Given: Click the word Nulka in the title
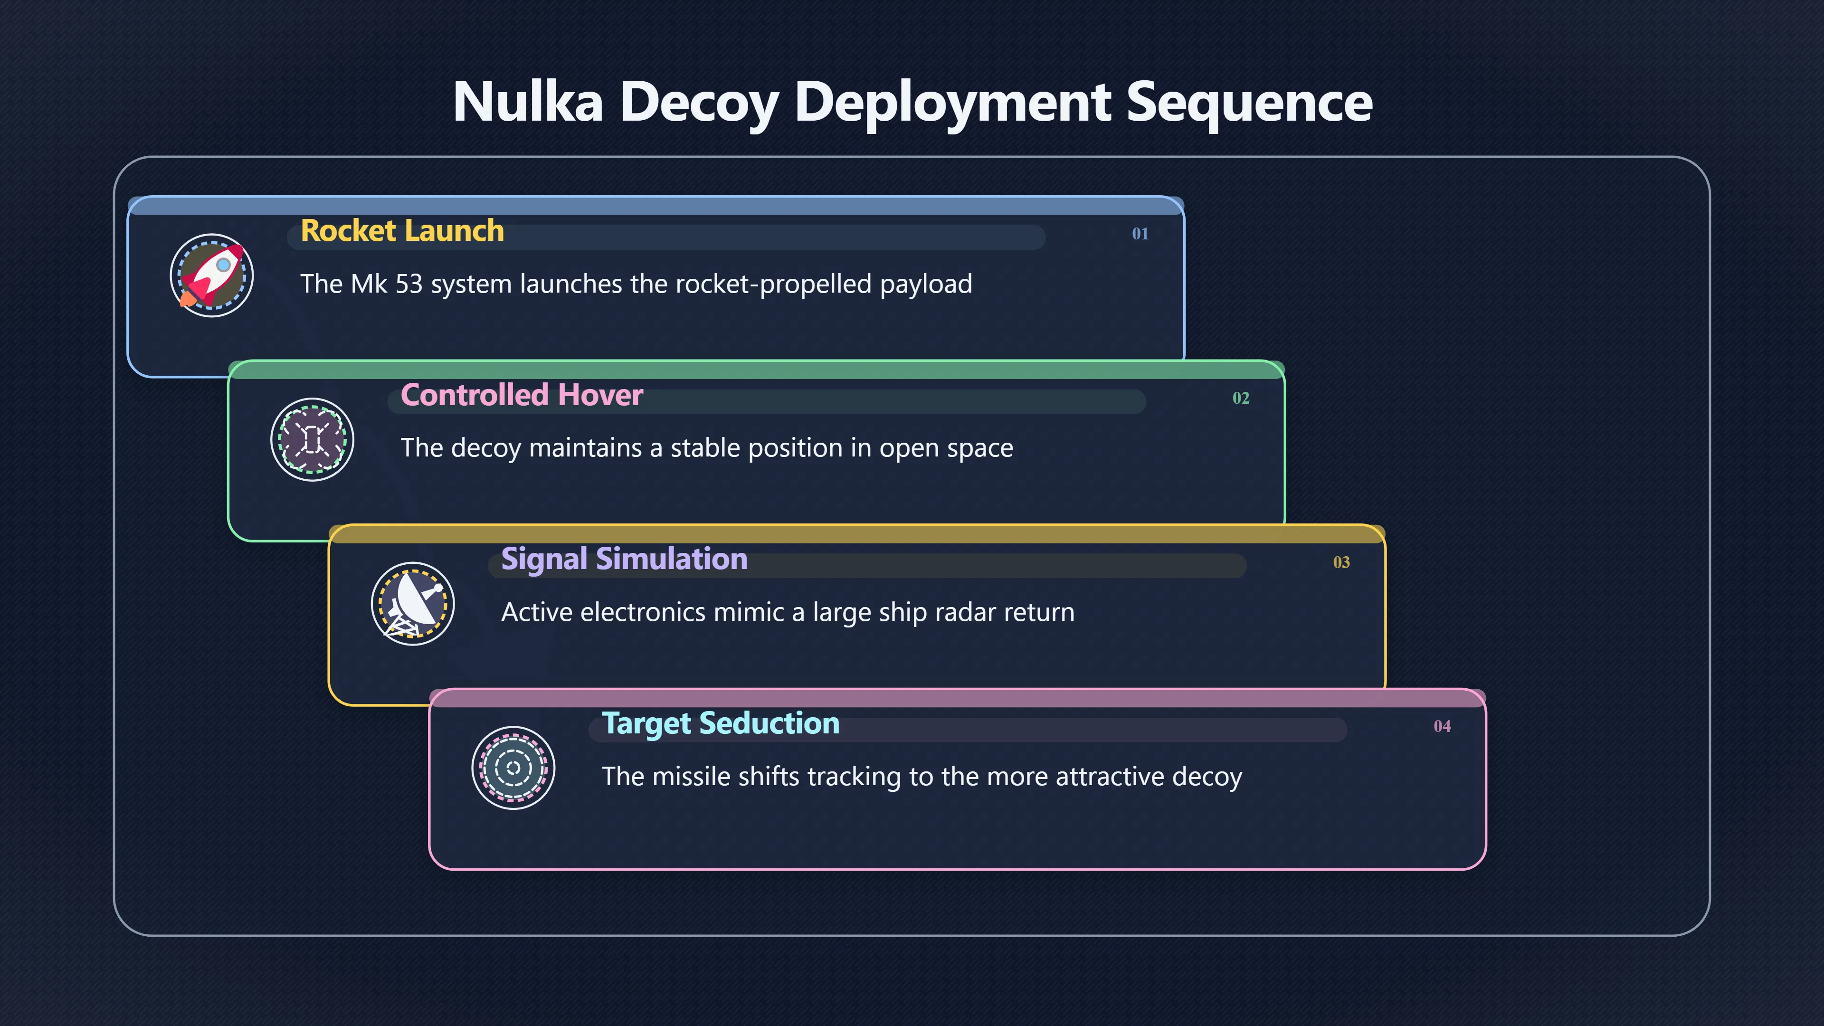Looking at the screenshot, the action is coord(528,102).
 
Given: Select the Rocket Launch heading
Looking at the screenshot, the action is coord(402,231).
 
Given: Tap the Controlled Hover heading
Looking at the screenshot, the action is coord(522,395).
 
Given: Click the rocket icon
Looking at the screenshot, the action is coord(212,275).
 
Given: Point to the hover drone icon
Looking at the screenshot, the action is coord(312,440).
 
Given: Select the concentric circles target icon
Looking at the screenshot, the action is coord(513,768).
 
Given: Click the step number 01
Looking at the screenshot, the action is coord(1140,234).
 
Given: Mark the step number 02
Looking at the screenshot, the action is coord(1241,398).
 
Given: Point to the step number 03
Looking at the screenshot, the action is coord(1341,562).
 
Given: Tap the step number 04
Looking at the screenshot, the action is coord(1442,726).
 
